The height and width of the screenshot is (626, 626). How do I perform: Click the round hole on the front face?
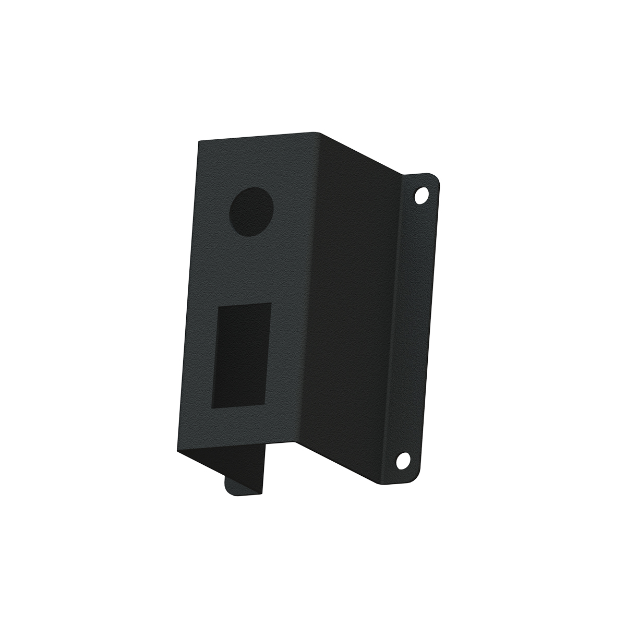click(x=252, y=211)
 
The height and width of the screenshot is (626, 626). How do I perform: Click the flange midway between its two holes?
click(x=412, y=329)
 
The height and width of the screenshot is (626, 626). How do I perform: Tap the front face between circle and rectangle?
click(x=248, y=271)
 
